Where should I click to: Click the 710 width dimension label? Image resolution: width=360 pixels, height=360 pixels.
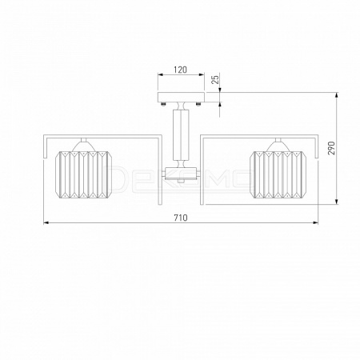click(x=181, y=218)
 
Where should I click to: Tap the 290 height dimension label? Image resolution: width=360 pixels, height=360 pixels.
click(x=330, y=148)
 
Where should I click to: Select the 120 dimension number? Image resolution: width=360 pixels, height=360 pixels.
click(x=181, y=70)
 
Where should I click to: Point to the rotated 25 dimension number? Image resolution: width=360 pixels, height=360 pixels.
click(x=215, y=79)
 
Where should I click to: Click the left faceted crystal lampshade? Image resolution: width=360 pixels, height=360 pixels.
click(x=84, y=174)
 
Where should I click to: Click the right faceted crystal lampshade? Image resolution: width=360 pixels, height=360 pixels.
click(x=279, y=174)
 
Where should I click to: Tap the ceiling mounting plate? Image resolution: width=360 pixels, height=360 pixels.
click(x=181, y=97)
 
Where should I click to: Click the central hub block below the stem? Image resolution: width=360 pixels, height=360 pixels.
click(x=181, y=174)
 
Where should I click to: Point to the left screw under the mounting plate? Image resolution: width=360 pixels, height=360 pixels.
click(x=163, y=104)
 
